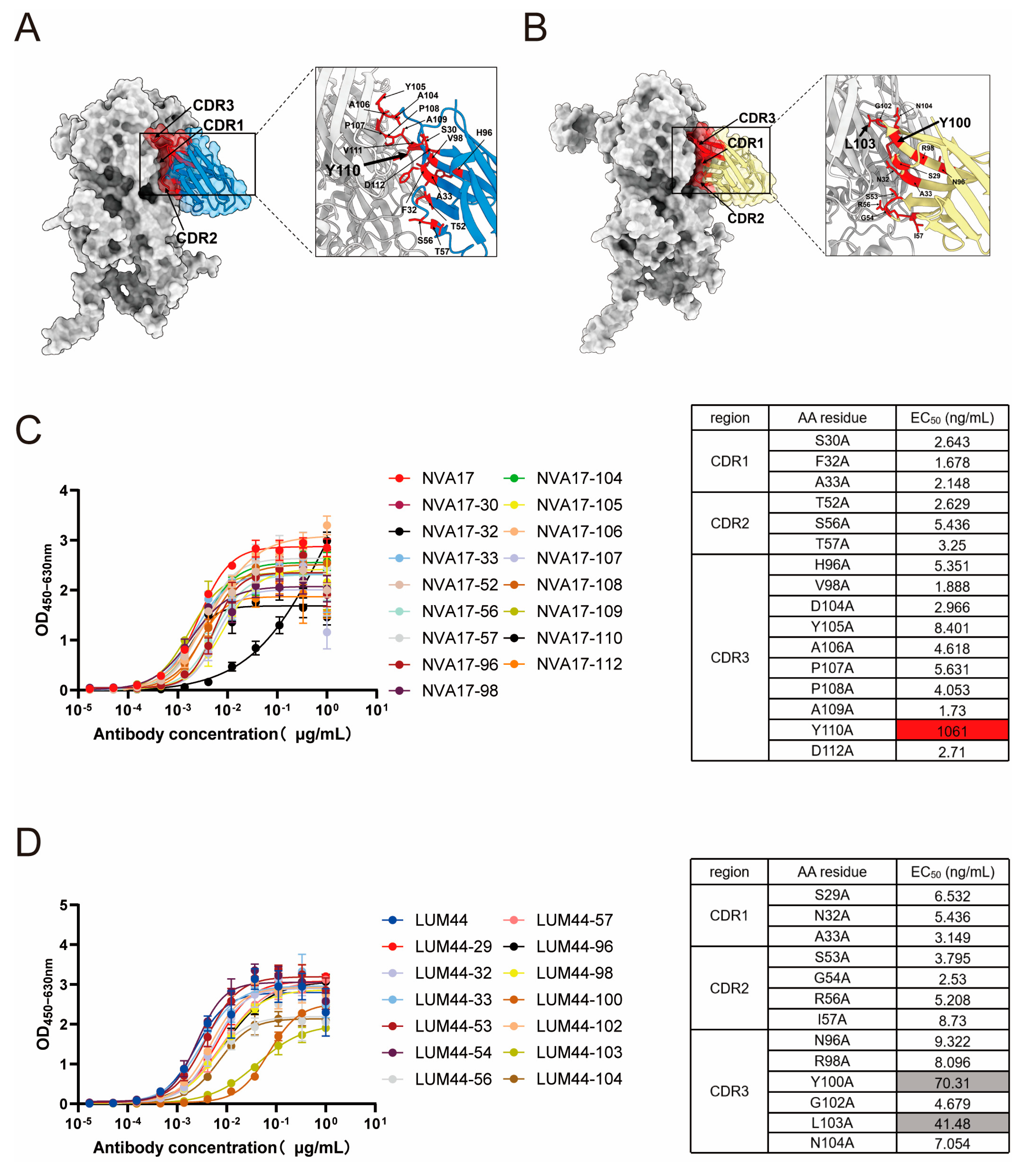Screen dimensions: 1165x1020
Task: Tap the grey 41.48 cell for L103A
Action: click(952, 1124)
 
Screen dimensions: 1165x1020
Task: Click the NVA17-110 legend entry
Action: click(579, 638)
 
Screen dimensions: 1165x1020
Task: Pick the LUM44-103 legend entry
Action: click(579, 1052)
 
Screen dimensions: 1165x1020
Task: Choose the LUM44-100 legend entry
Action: click(579, 1000)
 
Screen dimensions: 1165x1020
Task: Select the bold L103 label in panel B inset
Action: click(860, 144)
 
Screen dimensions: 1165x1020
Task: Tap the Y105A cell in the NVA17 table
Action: click(832, 626)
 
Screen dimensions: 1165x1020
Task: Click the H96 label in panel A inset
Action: click(484, 133)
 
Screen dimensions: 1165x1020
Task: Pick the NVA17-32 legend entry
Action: click(459, 532)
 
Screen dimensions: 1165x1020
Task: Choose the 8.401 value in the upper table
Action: click(952, 628)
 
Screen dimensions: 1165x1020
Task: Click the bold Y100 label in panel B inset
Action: click(955, 122)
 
